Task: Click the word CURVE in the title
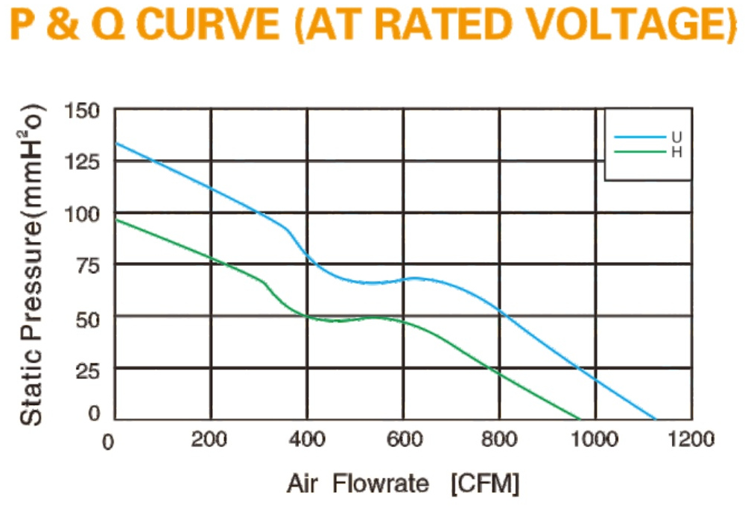[x=208, y=24]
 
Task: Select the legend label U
[x=676, y=137]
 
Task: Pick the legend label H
[x=676, y=152]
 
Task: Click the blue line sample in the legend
[x=640, y=137]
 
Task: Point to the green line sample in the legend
[x=640, y=152]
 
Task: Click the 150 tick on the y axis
[x=82, y=111]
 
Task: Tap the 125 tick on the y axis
[x=82, y=162]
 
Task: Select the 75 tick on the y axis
[x=88, y=266]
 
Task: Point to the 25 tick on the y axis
[x=88, y=370]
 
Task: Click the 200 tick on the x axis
[x=209, y=439]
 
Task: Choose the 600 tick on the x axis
[x=405, y=439]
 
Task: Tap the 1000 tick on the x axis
[x=595, y=439]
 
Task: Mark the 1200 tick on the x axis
[x=691, y=439]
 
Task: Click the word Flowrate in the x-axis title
[x=381, y=483]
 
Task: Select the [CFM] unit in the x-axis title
[x=485, y=484]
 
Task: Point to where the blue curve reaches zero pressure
[x=656, y=419]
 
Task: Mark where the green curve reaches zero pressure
[x=580, y=419]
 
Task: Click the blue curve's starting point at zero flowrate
[x=117, y=143]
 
